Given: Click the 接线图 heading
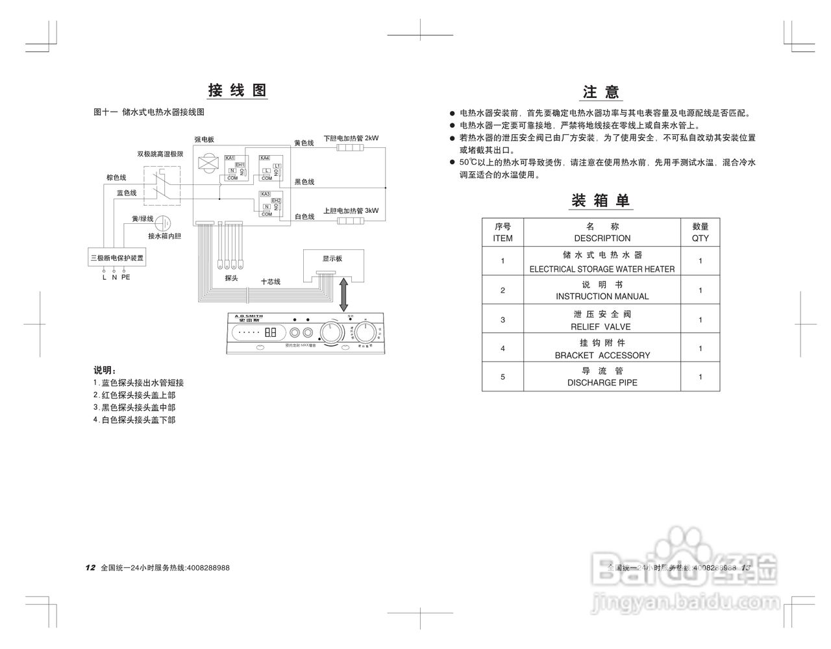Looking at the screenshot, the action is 237,90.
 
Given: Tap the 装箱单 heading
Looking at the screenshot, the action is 601,201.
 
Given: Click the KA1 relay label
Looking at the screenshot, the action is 229,158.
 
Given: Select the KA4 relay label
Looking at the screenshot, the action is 264,158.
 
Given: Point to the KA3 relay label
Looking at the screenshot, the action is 265,194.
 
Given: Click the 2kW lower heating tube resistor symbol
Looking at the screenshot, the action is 353,149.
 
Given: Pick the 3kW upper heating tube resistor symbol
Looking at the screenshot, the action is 353,221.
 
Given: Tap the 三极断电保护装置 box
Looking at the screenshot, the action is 118,258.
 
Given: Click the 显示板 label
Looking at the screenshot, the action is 332,258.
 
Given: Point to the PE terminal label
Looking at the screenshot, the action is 125,277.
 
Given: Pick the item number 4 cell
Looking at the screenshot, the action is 502,349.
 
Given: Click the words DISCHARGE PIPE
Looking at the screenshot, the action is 602,383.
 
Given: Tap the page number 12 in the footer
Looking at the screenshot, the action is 90,567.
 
